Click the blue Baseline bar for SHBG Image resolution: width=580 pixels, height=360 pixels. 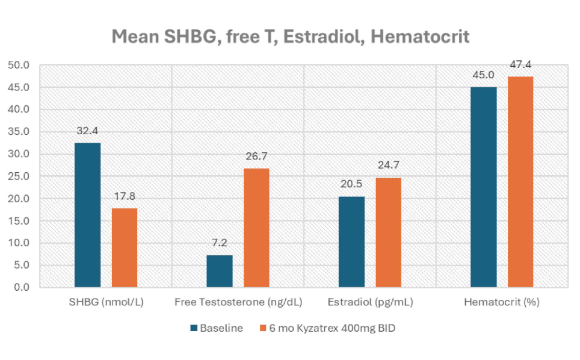(87, 215)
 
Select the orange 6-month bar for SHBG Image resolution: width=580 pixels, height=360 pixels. (125, 247)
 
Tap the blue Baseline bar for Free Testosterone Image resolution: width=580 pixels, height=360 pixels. (220, 271)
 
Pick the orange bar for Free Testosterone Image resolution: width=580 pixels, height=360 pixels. (256, 228)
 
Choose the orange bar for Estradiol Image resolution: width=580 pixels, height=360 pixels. (388, 232)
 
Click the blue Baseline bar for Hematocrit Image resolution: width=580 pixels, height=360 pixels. (484, 187)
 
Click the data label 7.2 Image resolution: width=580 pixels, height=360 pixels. (220, 243)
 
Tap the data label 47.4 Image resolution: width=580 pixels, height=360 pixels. (520, 64)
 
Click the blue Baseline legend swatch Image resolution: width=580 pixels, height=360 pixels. (194, 329)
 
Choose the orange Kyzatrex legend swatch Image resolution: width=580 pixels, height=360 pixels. (263, 329)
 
